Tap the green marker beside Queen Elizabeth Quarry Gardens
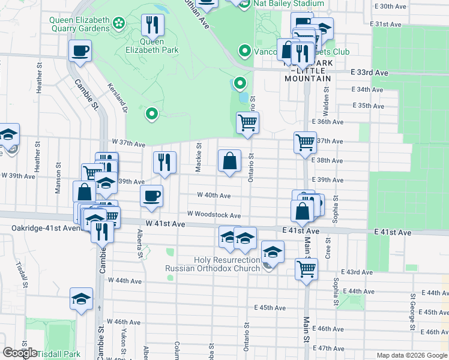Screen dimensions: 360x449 119,23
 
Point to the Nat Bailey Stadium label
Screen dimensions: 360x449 288,4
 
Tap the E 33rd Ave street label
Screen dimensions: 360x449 370,72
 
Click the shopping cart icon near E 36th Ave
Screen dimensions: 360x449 247,123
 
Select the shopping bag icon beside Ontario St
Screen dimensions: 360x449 229,161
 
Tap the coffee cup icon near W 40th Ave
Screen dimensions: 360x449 151,196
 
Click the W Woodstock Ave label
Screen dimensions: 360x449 214,214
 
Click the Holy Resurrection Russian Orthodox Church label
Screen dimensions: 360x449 212,264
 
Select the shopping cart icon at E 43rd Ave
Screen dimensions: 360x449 306,268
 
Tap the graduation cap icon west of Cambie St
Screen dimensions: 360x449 82,299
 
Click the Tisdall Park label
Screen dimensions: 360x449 59,354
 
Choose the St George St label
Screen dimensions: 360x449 413,312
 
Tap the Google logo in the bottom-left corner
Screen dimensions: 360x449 20,353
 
